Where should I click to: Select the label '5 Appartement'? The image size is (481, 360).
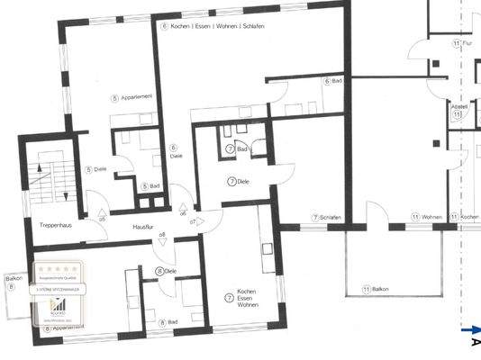pyautogui.click(x=131, y=96)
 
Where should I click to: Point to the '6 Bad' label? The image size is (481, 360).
pyautogui.click(x=332, y=81)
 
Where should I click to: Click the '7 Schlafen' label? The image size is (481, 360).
pyautogui.click(x=327, y=217)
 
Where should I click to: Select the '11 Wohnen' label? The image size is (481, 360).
pyautogui.click(x=427, y=217)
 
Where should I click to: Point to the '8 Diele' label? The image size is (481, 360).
pyautogui.click(x=166, y=271)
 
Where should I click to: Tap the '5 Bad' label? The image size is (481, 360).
pyautogui.click(x=150, y=185)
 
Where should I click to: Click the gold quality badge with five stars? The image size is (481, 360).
pyautogui.click(x=58, y=292)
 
